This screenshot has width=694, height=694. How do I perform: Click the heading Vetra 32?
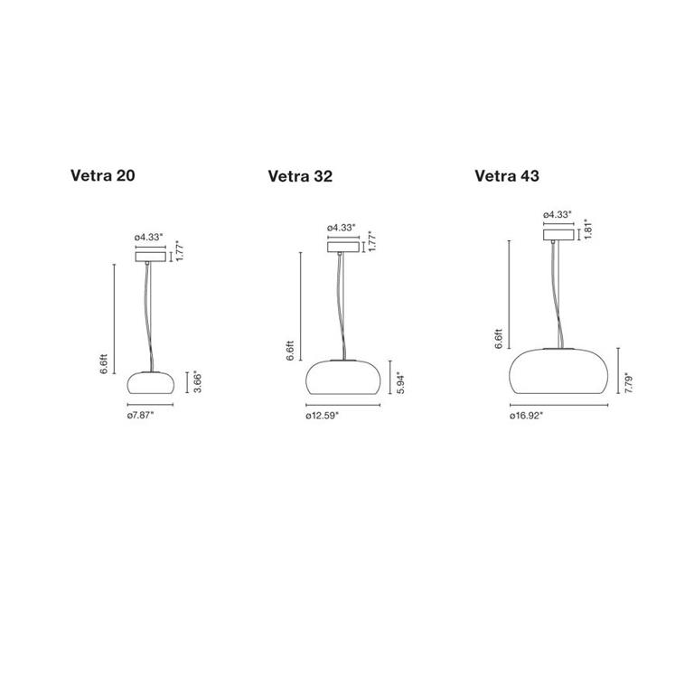(300, 176)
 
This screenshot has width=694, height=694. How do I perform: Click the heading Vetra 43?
(507, 175)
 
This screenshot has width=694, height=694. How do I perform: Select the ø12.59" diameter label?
(329, 417)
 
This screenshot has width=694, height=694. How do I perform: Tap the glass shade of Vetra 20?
(151, 382)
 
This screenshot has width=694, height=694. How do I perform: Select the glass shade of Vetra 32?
(342, 377)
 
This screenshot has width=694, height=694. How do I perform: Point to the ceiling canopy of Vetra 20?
(151, 257)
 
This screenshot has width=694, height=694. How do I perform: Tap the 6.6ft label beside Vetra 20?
(105, 362)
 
